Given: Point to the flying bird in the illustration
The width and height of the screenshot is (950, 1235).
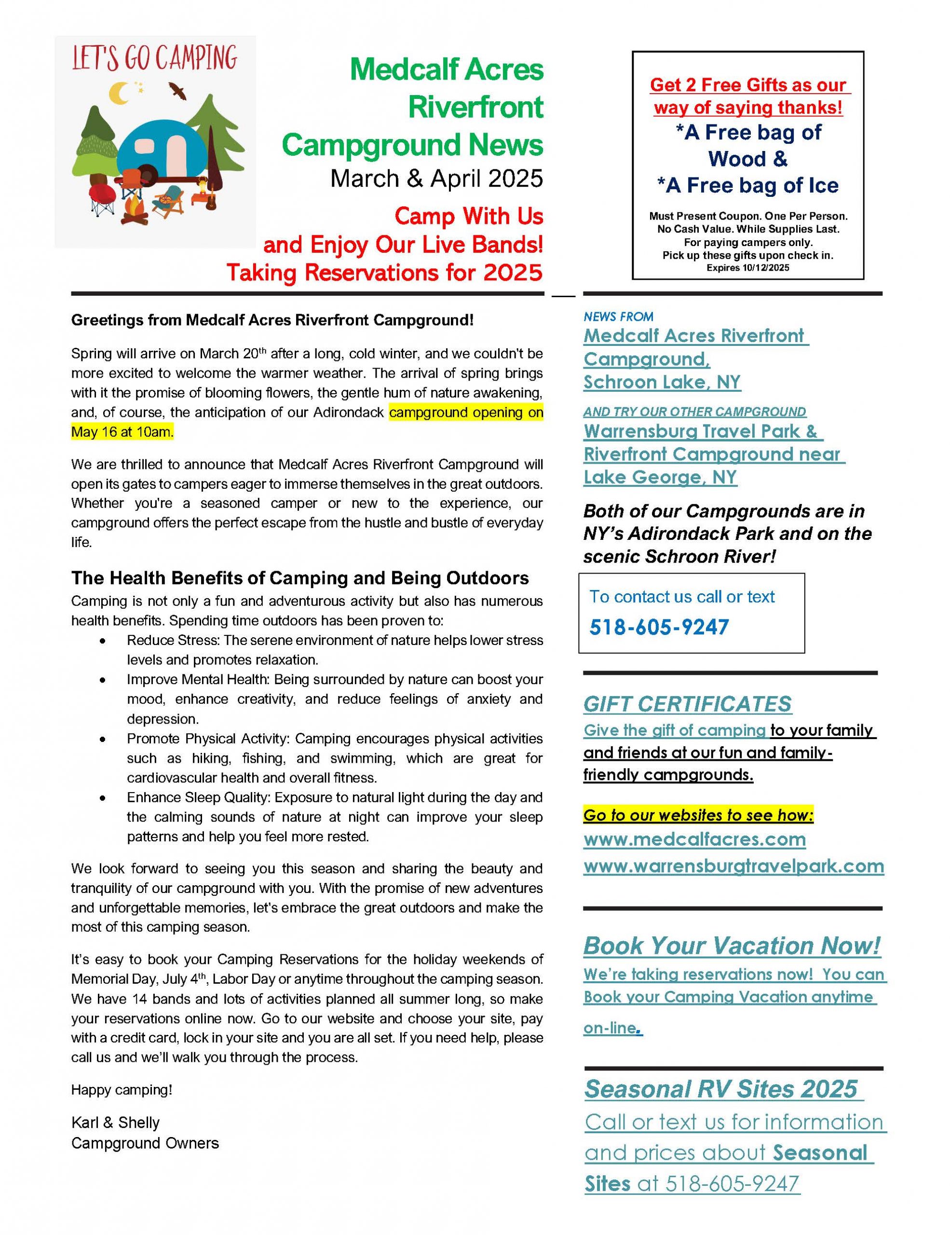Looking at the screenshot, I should (x=177, y=91).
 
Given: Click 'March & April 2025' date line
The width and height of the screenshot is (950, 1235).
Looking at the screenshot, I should (x=436, y=178).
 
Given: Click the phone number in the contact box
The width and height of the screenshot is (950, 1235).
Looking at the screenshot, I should (x=659, y=627).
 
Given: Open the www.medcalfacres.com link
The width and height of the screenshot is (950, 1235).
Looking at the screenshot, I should (x=694, y=839).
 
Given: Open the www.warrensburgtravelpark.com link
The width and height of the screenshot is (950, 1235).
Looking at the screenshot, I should (x=733, y=866).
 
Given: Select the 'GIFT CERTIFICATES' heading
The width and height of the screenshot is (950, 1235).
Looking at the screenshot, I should (x=687, y=704).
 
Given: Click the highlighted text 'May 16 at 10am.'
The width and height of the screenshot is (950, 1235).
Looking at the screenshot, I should (x=122, y=432).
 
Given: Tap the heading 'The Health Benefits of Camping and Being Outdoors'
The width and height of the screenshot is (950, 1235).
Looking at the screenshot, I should (x=300, y=578).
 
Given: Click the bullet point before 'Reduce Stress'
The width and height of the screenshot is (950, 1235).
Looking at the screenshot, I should (x=102, y=641).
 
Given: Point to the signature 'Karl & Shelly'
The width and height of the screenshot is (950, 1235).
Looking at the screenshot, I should (x=115, y=1123).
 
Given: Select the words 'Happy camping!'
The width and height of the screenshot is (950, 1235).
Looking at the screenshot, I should (x=122, y=1090).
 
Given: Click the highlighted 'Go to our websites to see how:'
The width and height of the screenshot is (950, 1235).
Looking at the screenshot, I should (x=698, y=815).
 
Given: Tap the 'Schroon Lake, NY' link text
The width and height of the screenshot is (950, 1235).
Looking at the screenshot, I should (x=662, y=382).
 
